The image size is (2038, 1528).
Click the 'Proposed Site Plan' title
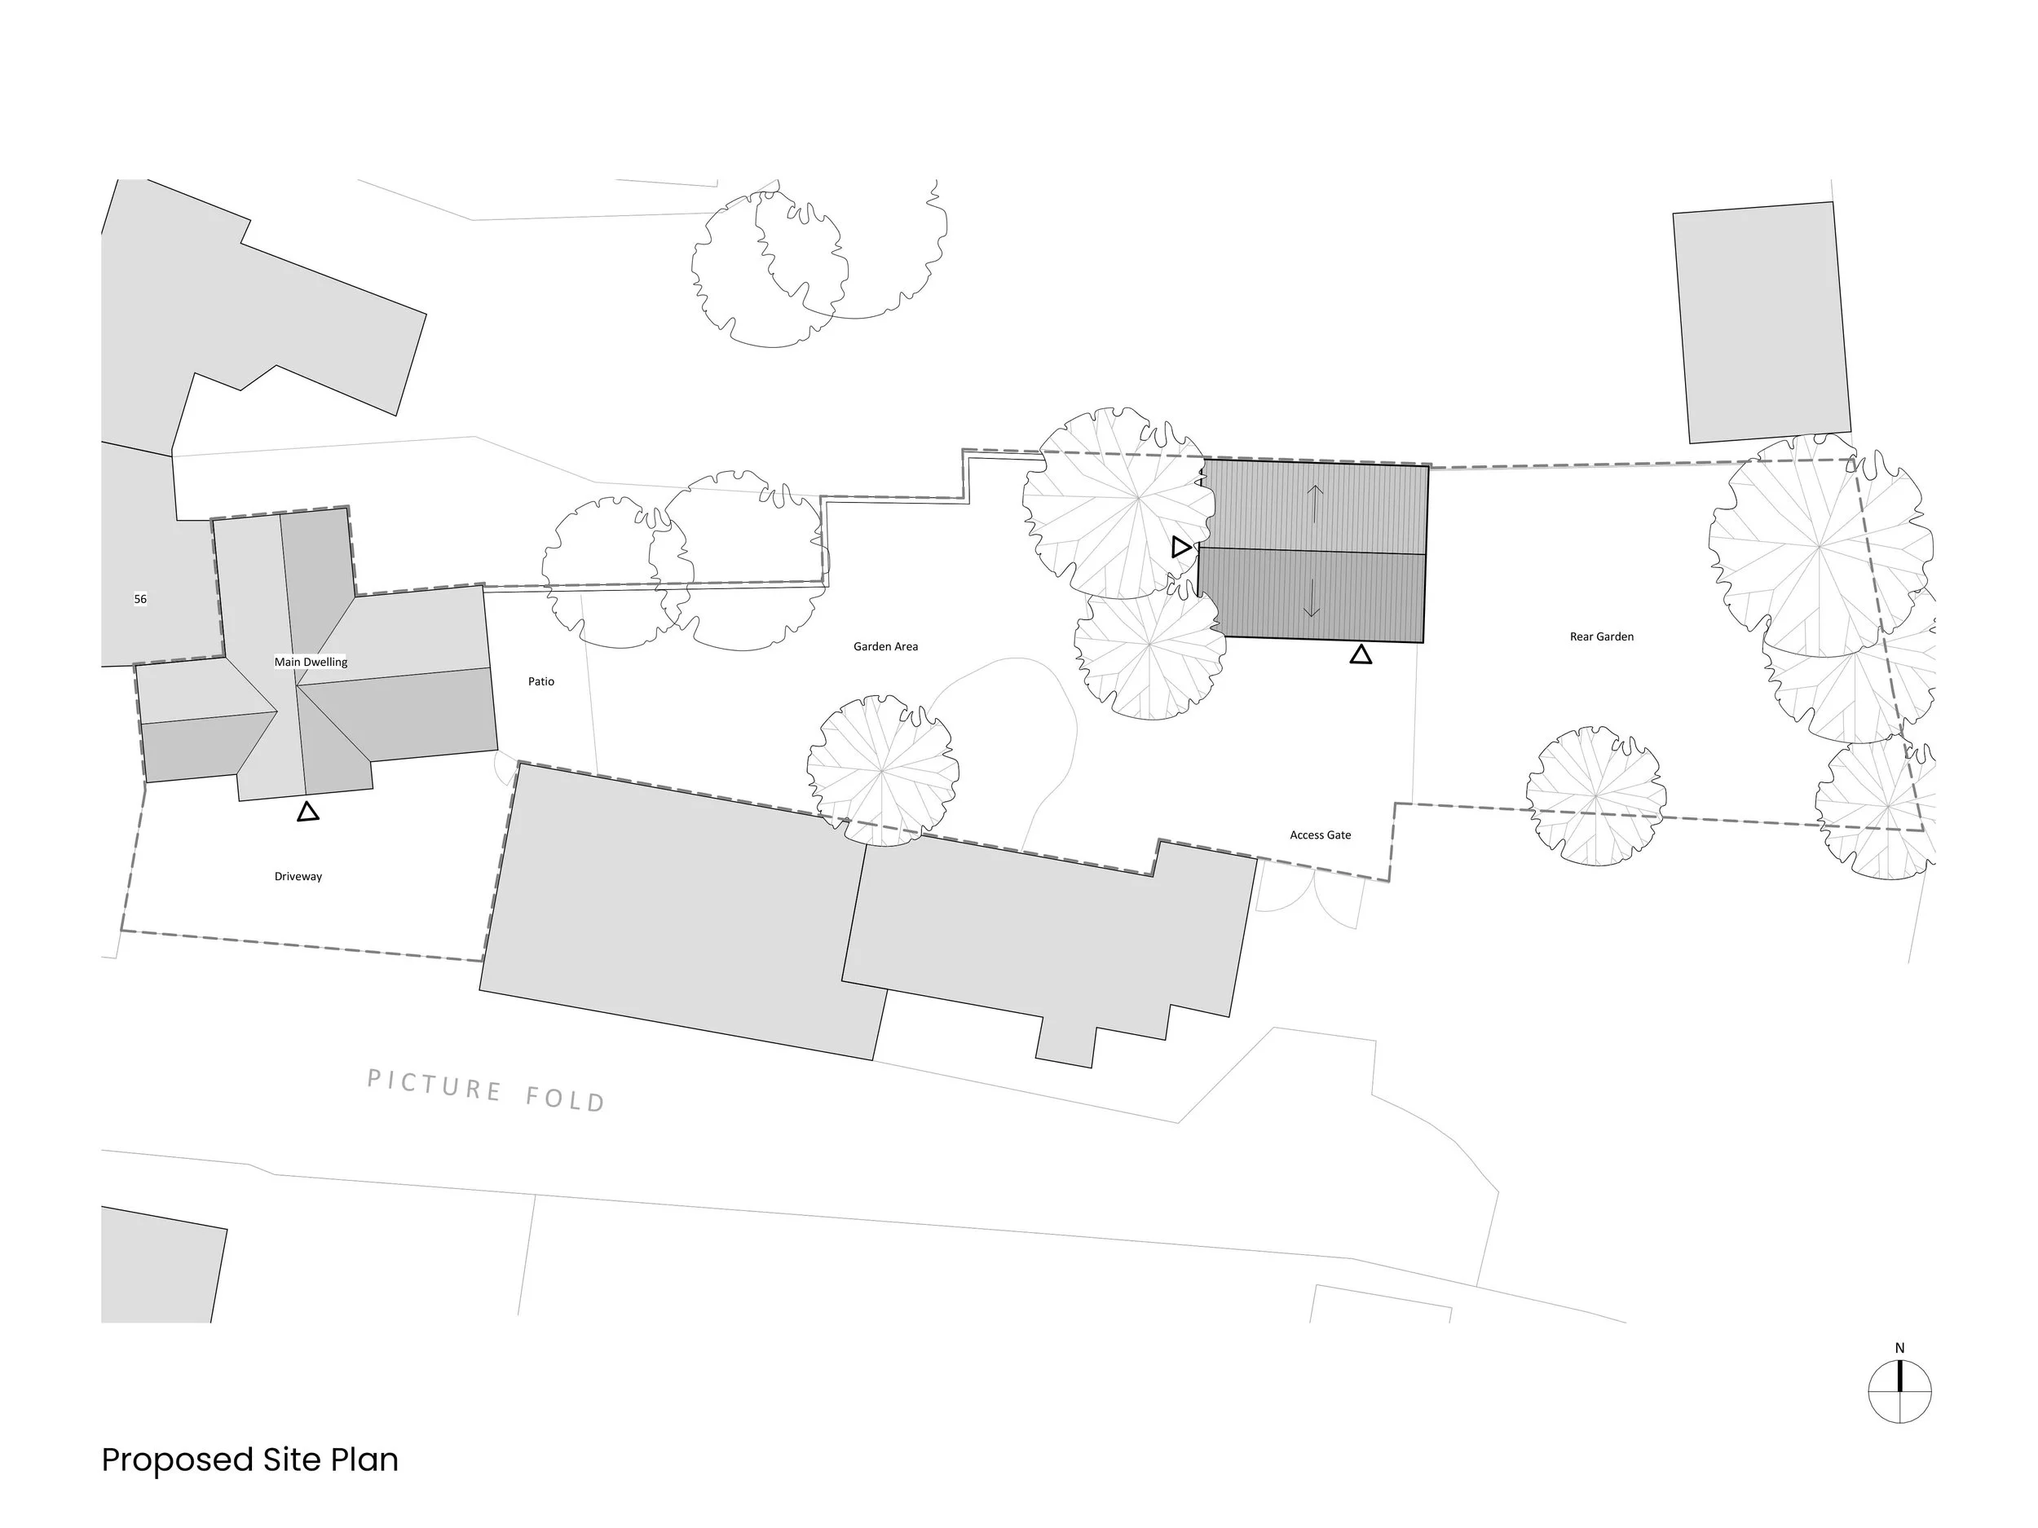point(249,1460)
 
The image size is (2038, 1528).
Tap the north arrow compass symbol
point(1899,1391)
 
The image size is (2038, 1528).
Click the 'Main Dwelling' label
point(311,661)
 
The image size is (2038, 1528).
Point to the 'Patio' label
point(540,681)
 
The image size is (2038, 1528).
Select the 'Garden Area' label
point(885,646)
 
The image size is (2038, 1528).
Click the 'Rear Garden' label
point(1601,636)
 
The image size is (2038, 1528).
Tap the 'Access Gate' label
point(1321,835)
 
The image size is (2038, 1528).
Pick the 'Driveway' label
point(298,877)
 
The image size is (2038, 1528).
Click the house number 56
point(140,599)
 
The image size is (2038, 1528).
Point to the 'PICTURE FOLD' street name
point(487,1090)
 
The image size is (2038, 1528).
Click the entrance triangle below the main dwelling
point(307,812)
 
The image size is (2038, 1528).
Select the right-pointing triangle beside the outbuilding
point(1181,547)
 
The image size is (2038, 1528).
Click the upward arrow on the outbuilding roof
point(1316,504)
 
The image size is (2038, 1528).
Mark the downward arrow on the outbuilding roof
point(1312,599)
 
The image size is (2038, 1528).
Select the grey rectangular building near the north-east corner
point(1762,323)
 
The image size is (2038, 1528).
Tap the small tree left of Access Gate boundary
point(883,770)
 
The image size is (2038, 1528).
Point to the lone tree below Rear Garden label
point(1596,795)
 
